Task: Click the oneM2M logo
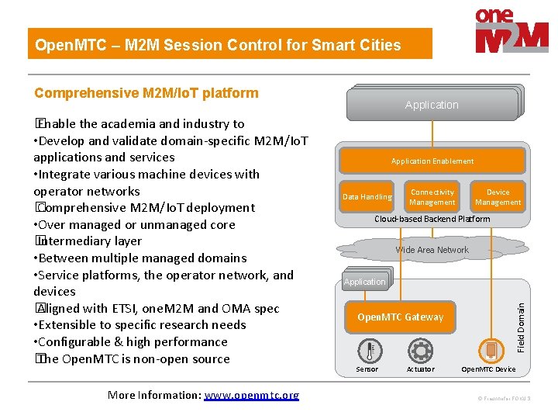511,31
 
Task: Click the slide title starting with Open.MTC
218,45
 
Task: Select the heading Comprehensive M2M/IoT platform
146,93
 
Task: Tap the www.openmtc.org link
251,395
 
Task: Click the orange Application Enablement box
432,161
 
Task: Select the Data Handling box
367,197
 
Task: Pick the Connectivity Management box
432,197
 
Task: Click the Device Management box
498,197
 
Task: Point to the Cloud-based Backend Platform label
432,219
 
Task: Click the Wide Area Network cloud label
432,250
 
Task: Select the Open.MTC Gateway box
400,317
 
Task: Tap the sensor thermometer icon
367,351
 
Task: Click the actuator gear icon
420,351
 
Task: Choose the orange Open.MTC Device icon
489,351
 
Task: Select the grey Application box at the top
432,105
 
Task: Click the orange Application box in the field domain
365,282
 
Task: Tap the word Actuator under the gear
421,369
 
